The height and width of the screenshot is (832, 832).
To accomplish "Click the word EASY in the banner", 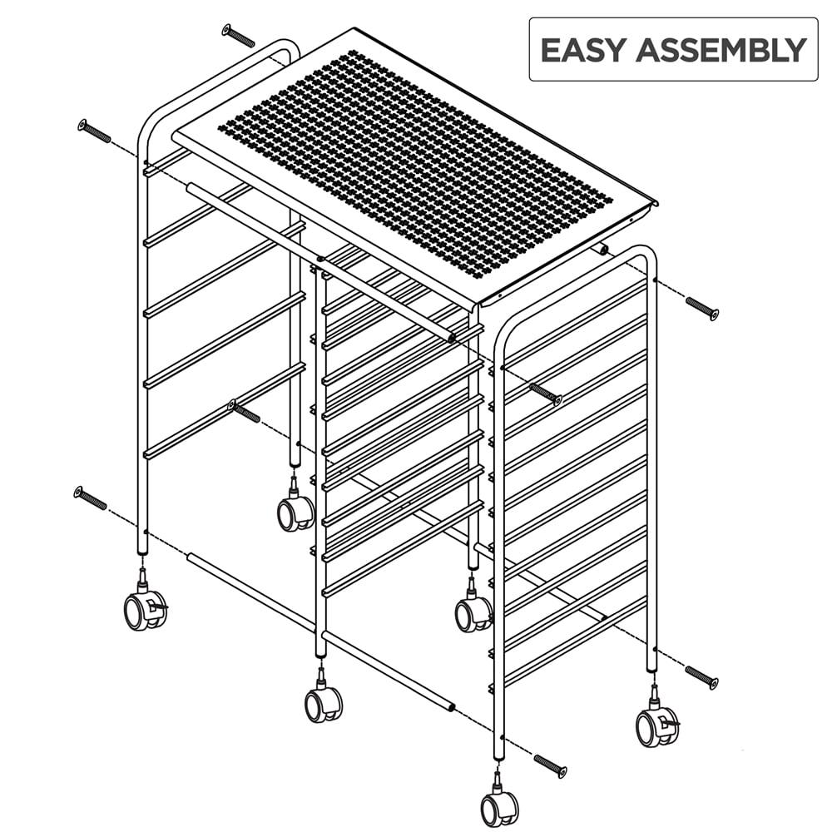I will (x=583, y=50).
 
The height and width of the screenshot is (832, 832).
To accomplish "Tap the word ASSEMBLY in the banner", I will (x=720, y=50).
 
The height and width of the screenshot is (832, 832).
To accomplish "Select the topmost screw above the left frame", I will (x=238, y=36).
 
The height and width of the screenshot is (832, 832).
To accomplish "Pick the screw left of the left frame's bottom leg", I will (x=91, y=498).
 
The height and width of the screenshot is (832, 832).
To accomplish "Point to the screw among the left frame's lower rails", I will (x=244, y=412).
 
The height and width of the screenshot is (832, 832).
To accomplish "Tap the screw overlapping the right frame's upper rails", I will (x=545, y=393).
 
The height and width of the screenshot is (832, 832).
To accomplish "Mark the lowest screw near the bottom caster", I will (x=549, y=765).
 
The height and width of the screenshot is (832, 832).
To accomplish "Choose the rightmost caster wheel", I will (x=656, y=726).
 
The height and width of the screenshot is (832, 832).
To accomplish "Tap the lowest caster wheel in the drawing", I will (x=499, y=807).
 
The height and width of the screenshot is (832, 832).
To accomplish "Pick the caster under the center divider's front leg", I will (x=323, y=703).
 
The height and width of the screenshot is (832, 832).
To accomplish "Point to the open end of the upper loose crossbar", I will (x=451, y=338).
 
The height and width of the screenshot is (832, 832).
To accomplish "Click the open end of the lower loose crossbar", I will (x=451, y=707).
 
